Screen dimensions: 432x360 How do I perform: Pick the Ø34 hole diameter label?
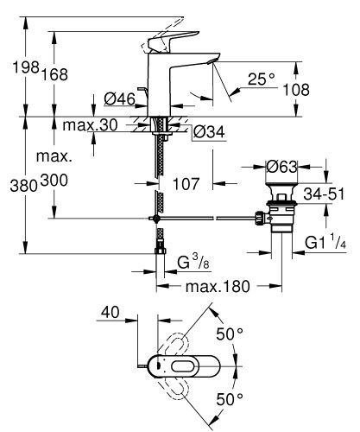(x=209, y=132)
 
